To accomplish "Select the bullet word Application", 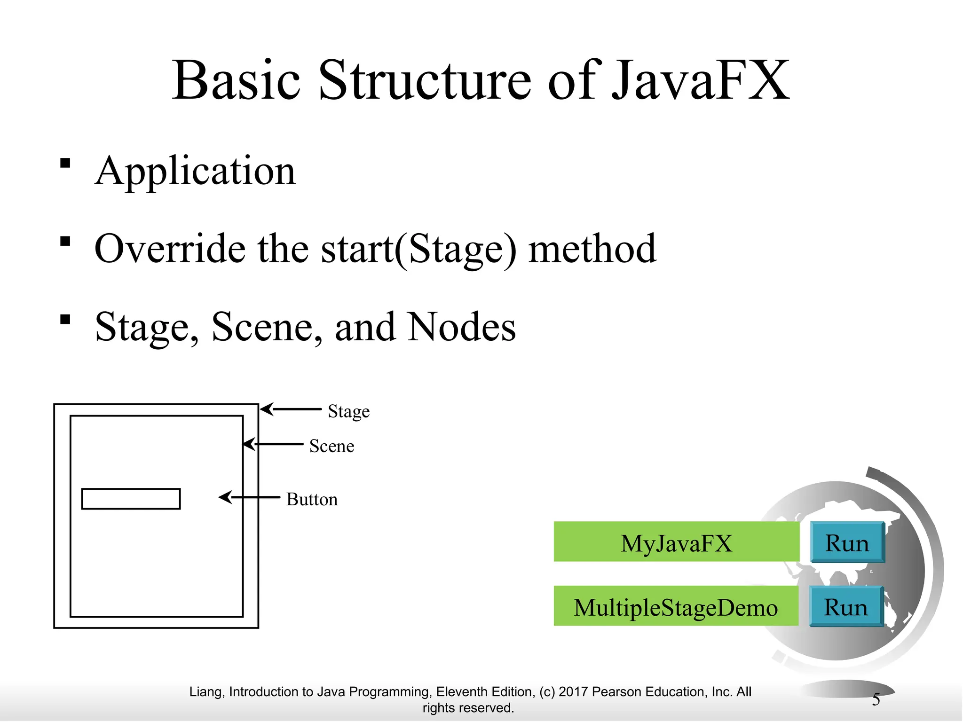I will (x=195, y=172).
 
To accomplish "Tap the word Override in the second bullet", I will (x=170, y=249).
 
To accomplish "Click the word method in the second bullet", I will (x=592, y=249).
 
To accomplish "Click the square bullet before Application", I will (x=65, y=164).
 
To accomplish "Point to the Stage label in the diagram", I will (x=348, y=411).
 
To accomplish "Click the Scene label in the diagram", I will (x=332, y=446).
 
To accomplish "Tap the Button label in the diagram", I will (x=312, y=499).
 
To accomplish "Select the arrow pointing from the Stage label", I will (x=291, y=409).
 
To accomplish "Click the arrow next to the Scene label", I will (x=273, y=444).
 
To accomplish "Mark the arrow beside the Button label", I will (x=249, y=497).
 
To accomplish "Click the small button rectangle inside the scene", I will (x=131, y=499).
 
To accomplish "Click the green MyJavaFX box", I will (x=676, y=541).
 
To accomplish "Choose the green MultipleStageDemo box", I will (x=676, y=606).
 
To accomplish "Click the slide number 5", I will (x=876, y=699).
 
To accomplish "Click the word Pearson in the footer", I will (x=616, y=692).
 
